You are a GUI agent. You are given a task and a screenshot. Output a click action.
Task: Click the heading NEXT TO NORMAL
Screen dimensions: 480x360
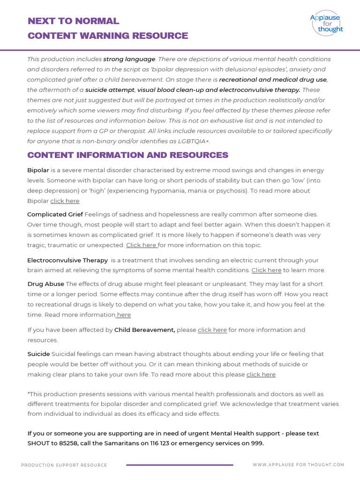click(74, 21)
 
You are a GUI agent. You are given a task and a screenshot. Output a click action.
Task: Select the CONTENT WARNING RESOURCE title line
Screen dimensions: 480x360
click(108, 36)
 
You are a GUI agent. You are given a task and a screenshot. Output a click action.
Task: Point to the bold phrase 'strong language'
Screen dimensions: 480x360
click(129, 59)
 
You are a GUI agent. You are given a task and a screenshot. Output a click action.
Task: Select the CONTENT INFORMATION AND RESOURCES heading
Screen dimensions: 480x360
click(127, 155)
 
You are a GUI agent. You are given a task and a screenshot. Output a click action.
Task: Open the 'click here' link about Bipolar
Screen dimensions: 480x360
click(65, 201)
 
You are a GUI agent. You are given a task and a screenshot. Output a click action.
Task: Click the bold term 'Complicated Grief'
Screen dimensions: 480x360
click(55, 214)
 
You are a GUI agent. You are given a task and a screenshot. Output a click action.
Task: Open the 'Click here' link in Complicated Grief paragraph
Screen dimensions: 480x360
click(141, 245)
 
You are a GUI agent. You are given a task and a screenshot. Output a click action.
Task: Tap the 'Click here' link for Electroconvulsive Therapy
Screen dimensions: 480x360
click(266, 270)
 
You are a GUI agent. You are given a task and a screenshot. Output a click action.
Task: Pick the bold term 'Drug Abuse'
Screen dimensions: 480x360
click(45, 284)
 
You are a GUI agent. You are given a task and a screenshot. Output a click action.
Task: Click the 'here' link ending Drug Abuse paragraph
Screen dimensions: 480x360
click(124, 315)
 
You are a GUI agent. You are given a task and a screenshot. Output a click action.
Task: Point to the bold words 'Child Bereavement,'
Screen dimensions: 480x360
click(144, 330)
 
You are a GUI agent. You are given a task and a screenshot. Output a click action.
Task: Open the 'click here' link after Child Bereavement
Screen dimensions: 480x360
click(212, 330)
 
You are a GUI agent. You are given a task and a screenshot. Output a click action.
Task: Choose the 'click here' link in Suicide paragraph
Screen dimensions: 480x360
click(261, 375)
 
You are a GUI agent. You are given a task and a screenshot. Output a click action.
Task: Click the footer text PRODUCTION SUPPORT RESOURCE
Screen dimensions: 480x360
click(64, 465)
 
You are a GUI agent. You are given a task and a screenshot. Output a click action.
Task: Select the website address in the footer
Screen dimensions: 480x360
click(298, 465)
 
